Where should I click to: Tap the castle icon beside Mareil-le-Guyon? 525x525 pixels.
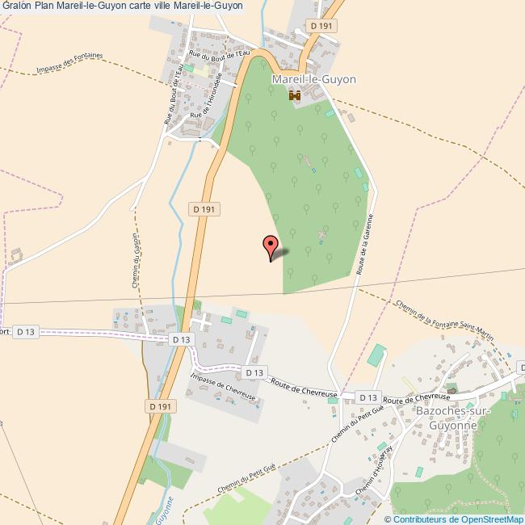coord(294,96)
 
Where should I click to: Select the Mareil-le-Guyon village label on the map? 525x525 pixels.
coord(314,80)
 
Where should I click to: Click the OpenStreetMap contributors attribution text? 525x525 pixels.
coord(454,519)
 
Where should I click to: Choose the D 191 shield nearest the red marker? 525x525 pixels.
coord(205,209)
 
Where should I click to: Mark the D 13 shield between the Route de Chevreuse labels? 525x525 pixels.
coord(368,397)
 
